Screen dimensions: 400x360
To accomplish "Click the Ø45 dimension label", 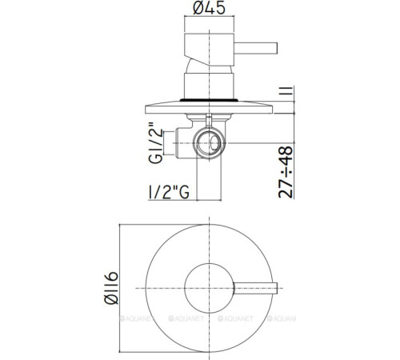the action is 210,7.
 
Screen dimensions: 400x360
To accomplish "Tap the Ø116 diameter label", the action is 111,288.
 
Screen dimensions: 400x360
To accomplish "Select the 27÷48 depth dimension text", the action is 286,172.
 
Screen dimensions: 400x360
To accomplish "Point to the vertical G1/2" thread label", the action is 155,143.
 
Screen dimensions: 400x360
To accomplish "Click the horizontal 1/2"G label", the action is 169,192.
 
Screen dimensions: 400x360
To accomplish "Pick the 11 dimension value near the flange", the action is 286,90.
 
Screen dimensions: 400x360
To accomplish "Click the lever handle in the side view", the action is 256,48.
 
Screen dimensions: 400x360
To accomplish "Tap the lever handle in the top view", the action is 255,288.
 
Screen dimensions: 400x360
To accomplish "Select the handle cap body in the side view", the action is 209,50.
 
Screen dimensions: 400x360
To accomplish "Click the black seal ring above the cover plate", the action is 209,100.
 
